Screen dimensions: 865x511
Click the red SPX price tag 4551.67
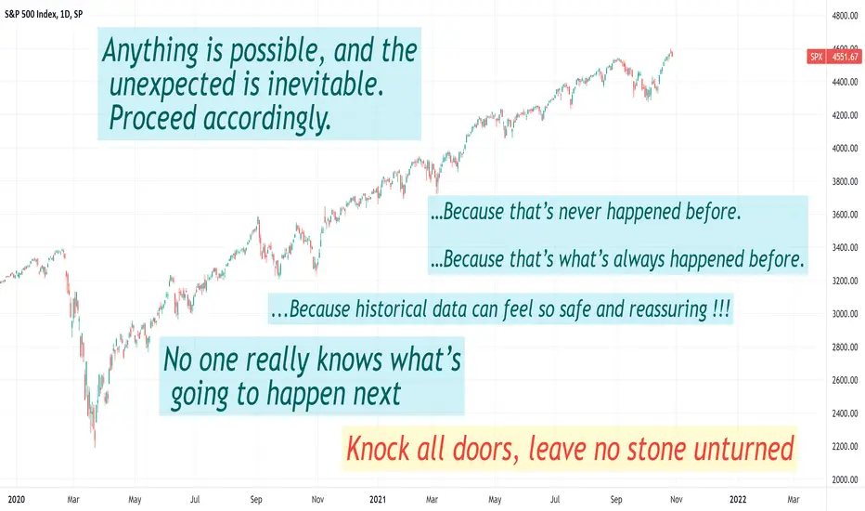[x=833, y=57]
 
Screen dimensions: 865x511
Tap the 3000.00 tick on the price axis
[x=846, y=314]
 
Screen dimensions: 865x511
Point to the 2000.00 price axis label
[x=846, y=479]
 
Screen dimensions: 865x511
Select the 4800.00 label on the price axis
[x=846, y=16]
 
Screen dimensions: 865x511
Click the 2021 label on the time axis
[x=378, y=500]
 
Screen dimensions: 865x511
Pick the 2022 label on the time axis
[x=738, y=500]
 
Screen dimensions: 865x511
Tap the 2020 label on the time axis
[x=17, y=500]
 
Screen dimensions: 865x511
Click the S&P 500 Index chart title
[x=44, y=14]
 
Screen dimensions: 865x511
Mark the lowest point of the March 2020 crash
[x=95, y=446]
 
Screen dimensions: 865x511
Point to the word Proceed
[x=153, y=118]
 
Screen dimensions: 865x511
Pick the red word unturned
[x=743, y=448]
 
